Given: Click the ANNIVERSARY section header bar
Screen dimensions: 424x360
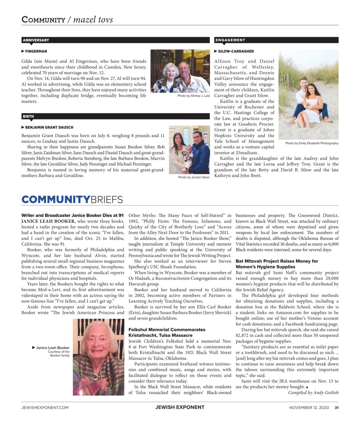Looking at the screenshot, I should (x=84, y=40).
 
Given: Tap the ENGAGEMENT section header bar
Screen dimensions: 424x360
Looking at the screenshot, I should (x=276, y=40).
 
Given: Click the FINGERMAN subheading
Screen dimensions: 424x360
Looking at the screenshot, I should (x=35, y=51).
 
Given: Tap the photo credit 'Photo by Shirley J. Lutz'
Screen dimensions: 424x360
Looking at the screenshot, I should (x=193, y=96).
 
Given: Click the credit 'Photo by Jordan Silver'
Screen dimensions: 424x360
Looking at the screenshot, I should (x=194, y=177).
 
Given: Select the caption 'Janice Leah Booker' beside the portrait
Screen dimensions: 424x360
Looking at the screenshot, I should (x=52, y=348).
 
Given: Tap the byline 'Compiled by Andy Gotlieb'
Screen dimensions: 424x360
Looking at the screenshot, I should (x=313, y=393).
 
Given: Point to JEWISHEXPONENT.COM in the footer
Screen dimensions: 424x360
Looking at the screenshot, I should (x=45, y=407).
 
